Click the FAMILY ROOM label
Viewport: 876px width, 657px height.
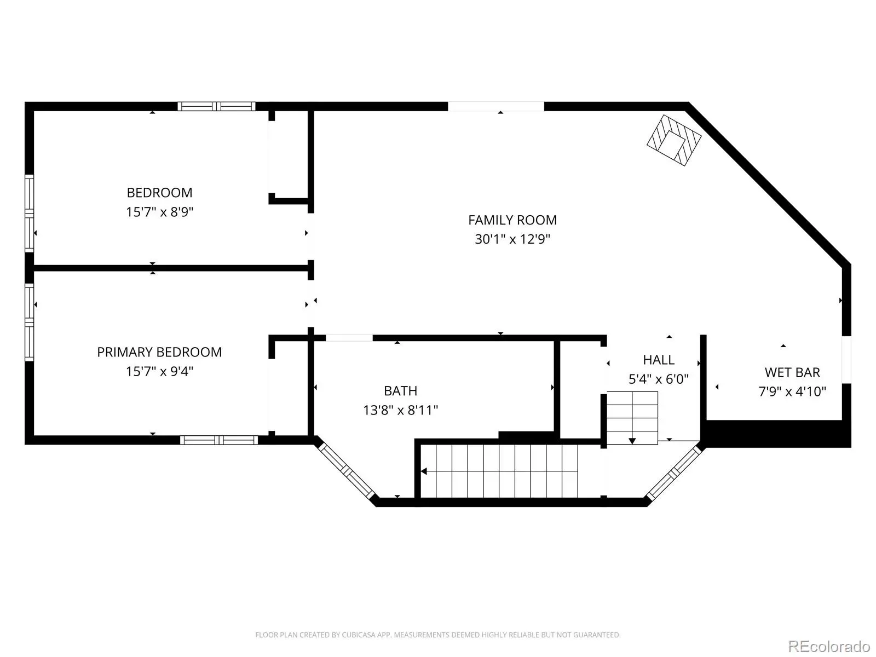pyautogui.click(x=512, y=220)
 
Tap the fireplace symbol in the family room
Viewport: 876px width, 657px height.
pyautogui.click(x=673, y=140)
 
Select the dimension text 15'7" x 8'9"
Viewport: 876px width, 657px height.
pyautogui.click(x=159, y=211)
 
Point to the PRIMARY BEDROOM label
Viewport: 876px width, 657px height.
pyautogui.click(x=159, y=352)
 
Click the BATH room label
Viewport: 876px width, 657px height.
pyautogui.click(x=400, y=390)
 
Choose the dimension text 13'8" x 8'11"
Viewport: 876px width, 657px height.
pyautogui.click(x=400, y=410)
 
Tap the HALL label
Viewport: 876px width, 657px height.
pyautogui.click(x=659, y=359)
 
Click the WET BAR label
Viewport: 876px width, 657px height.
pyautogui.click(x=792, y=372)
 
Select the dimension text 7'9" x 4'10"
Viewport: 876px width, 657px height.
pyautogui.click(x=792, y=391)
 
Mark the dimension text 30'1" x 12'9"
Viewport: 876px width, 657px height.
pyautogui.click(x=512, y=239)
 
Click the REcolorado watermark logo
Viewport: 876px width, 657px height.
pyautogui.click(x=829, y=646)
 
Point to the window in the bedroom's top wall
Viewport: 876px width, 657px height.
pyautogui.click(x=216, y=106)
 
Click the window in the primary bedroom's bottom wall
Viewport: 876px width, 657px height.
pyautogui.click(x=218, y=440)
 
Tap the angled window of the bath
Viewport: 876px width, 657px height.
pyautogui.click(x=346, y=471)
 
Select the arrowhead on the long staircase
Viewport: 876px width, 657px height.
pyautogui.click(x=424, y=471)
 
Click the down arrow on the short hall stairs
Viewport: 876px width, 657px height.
pyautogui.click(x=632, y=441)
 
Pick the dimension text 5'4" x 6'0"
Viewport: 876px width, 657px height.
pyautogui.click(x=659, y=378)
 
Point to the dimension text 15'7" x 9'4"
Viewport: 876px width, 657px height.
pyautogui.click(x=159, y=371)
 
